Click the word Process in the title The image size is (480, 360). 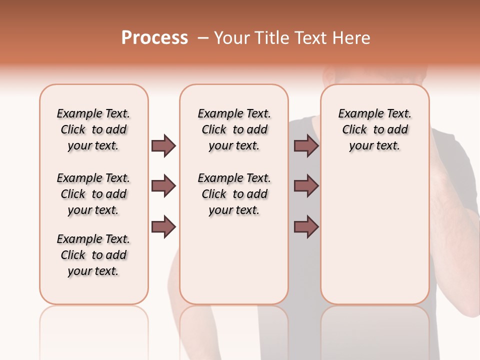pos(154,38)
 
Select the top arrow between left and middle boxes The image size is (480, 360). pos(163,145)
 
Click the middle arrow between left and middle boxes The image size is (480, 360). pos(163,186)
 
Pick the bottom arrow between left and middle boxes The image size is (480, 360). pos(163,227)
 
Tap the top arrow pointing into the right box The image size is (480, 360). pos(306,145)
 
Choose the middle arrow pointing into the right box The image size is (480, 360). pos(306,186)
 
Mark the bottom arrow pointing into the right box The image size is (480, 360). pos(306,227)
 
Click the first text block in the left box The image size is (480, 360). pos(93,129)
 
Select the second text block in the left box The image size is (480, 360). pos(93,194)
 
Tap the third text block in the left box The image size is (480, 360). pos(93,255)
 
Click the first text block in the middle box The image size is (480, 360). pos(234,129)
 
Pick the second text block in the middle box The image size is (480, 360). pos(234,194)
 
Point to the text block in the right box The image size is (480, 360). pos(374,129)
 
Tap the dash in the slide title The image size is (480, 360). pos(203,38)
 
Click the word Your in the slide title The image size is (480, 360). pos(231,38)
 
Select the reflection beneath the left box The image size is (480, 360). pos(94,330)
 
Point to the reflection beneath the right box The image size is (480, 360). pos(375,330)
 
